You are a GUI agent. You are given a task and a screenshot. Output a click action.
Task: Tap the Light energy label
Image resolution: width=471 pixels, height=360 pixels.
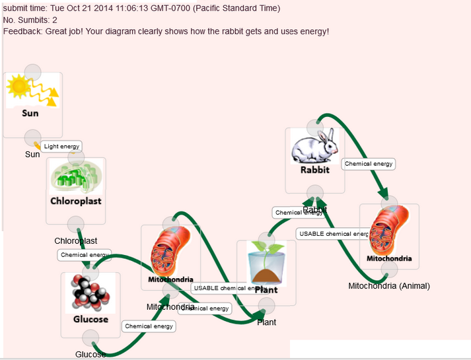(62, 146)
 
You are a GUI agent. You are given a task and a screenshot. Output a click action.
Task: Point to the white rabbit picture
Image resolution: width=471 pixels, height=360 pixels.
(314, 147)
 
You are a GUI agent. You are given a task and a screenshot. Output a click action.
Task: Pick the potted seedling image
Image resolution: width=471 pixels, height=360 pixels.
(266, 262)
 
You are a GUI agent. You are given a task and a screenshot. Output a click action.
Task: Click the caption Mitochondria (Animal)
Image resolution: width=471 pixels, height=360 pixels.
(389, 286)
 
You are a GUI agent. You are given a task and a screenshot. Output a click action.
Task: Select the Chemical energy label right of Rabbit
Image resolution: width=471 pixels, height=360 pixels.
(369, 164)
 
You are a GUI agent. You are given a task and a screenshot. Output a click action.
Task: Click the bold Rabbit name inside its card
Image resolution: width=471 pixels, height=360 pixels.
(314, 170)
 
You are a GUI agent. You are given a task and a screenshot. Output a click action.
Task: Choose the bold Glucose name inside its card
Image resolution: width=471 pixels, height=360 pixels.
(91, 320)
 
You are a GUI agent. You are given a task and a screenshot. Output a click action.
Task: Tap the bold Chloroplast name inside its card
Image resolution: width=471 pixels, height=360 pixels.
(76, 201)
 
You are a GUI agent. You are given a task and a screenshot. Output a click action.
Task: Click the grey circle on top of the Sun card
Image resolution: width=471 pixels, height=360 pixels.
(32, 71)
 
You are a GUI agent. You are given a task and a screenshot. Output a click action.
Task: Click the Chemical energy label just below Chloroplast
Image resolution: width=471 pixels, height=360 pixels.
(85, 254)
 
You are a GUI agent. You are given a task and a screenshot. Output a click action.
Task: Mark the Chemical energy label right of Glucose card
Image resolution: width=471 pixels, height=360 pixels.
(149, 326)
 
